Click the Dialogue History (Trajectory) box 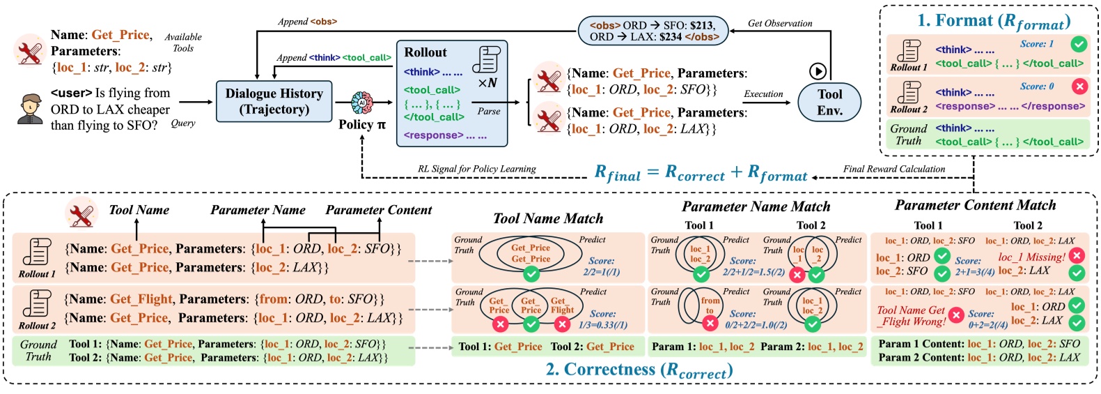274,101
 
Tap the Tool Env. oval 829,102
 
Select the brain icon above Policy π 362,103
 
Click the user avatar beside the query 30,109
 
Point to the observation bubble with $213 653,31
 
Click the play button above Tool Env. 818,71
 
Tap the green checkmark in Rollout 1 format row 1079,45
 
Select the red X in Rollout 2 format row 1079,87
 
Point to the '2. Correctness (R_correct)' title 639,370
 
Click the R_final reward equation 701,173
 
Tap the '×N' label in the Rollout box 487,83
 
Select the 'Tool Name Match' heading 548,218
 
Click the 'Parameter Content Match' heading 975,205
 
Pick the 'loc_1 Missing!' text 1031,257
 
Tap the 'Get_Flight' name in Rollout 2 141,299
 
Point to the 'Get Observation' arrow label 780,23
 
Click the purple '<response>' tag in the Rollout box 433,135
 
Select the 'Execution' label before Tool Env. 763,93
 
